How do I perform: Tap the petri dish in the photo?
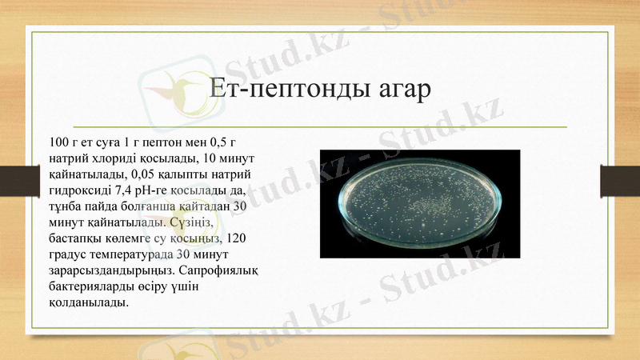tap(420, 204)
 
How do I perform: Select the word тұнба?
tap(66, 206)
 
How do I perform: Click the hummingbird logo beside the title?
tap(172, 88)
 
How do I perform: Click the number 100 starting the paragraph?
tap(59, 142)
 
